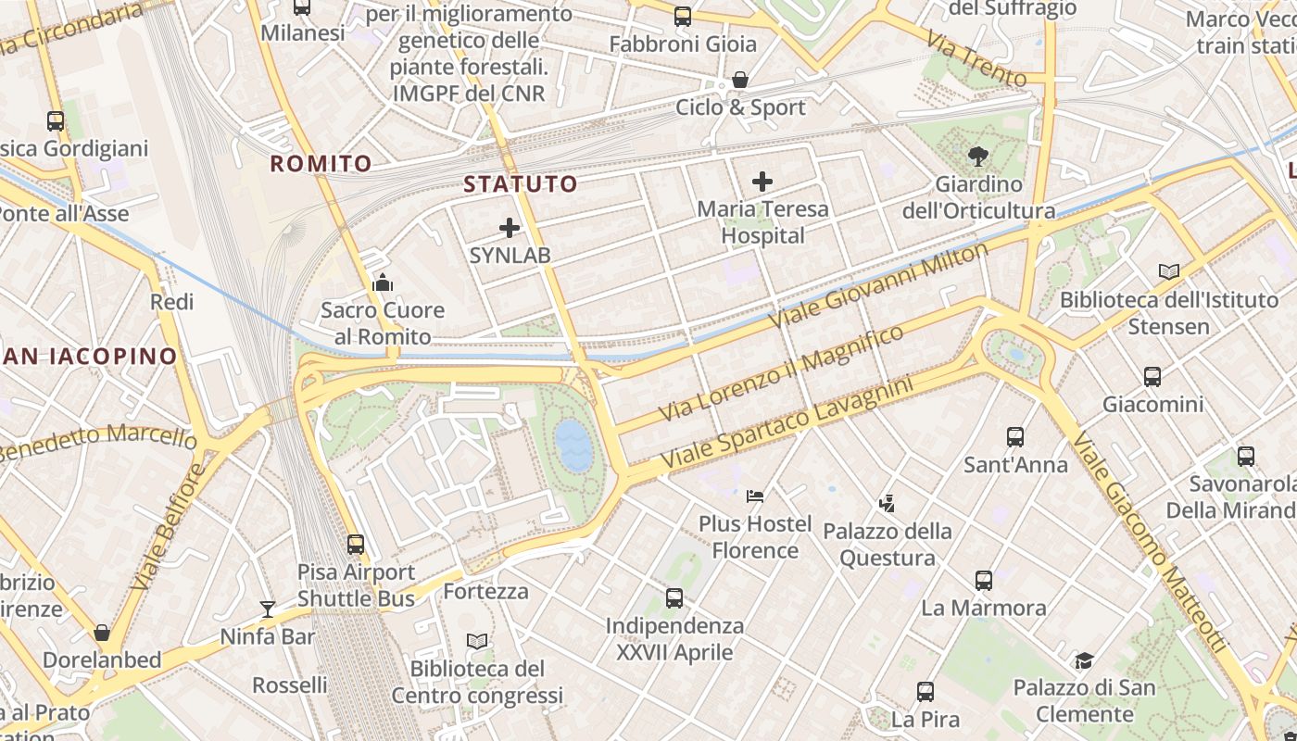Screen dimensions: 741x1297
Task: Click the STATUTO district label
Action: pyautogui.click(x=520, y=183)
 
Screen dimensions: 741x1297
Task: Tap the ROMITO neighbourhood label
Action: pyautogui.click(x=321, y=164)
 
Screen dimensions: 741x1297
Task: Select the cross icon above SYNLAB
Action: pyautogui.click(x=510, y=228)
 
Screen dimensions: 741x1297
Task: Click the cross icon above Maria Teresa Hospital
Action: pyautogui.click(x=762, y=182)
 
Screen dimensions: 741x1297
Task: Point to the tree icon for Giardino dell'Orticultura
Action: pyautogui.click(x=977, y=157)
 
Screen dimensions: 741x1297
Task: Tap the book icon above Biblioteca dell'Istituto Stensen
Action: pyautogui.click(x=1169, y=272)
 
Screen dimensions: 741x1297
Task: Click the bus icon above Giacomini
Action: pyautogui.click(x=1152, y=377)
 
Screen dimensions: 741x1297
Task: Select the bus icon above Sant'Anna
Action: pyautogui.click(x=1015, y=437)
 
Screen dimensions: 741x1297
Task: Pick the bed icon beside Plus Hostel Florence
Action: pyautogui.click(x=755, y=496)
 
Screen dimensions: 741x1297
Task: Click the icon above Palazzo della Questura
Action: pyautogui.click(x=887, y=504)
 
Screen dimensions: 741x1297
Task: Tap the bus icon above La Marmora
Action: pyautogui.click(x=984, y=581)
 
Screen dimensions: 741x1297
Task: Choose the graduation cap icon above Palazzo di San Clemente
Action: pyautogui.click(x=1084, y=660)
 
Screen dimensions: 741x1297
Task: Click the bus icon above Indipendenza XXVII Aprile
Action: pyautogui.click(x=674, y=598)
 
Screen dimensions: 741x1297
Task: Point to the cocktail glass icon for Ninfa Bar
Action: pyautogui.click(x=268, y=609)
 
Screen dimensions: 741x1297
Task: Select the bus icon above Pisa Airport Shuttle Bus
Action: pyautogui.click(x=356, y=545)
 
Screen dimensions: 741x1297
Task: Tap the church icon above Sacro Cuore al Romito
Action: pyautogui.click(x=383, y=283)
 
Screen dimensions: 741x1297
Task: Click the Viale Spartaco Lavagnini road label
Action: pyautogui.click(x=787, y=422)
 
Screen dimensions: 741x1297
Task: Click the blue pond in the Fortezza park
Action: pyautogui.click(x=573, y=445)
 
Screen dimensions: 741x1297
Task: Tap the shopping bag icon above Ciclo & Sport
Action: pyautogui.click(x=740, y=81)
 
